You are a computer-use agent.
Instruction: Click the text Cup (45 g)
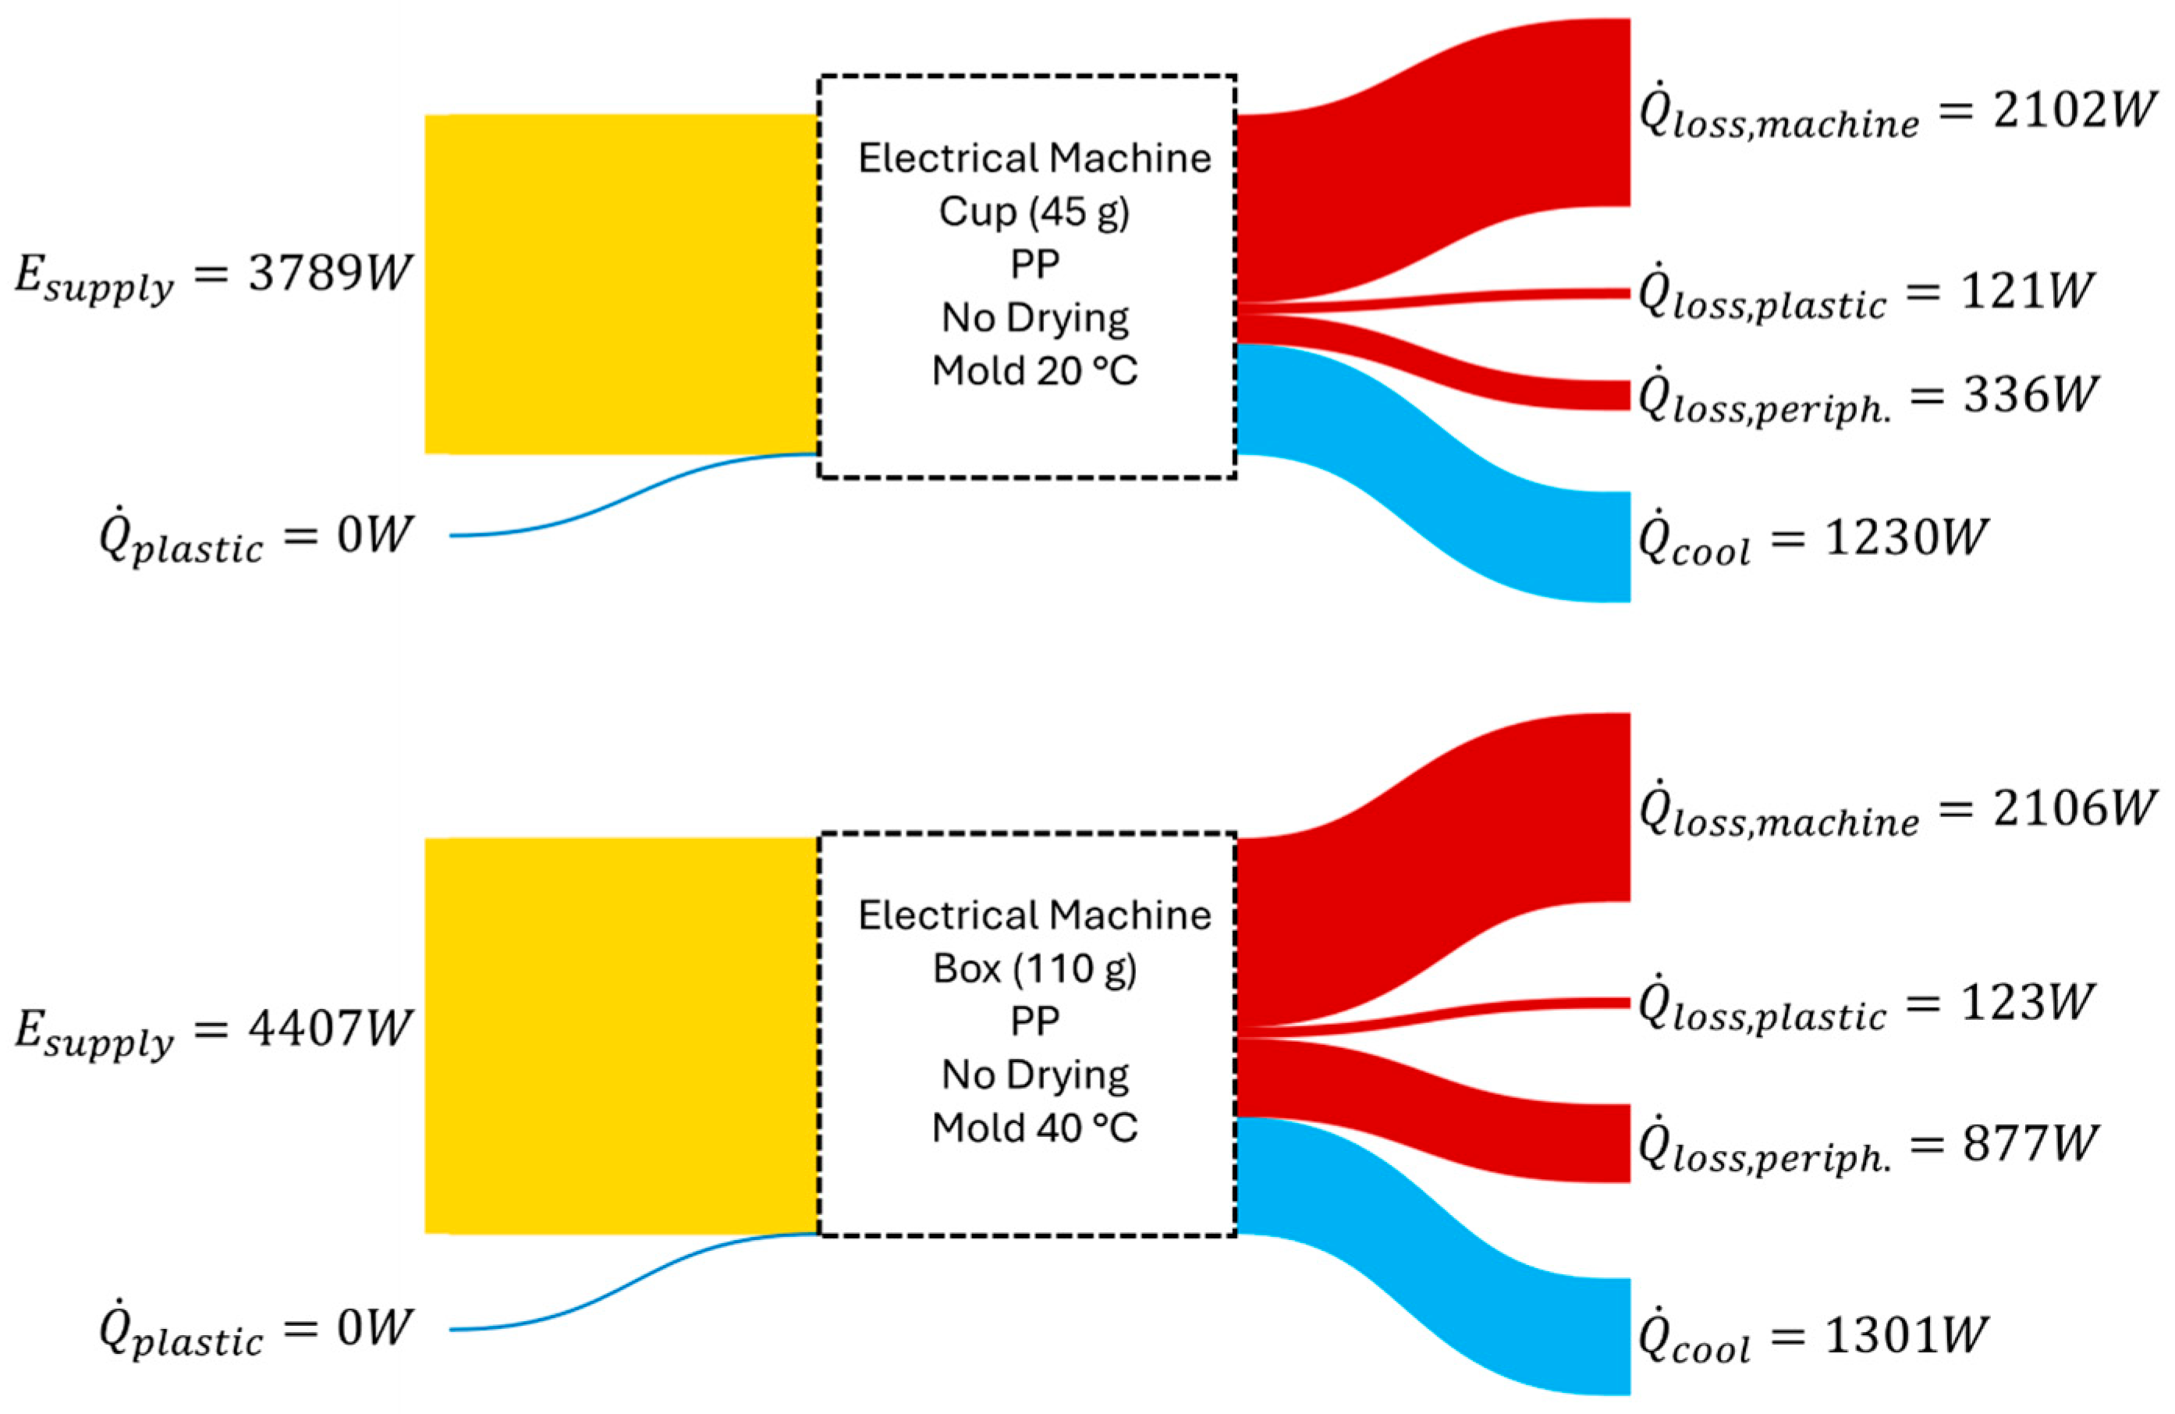[1034, 212]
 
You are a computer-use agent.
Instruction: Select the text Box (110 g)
[1034, 969]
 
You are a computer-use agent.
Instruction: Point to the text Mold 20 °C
[1034, 371]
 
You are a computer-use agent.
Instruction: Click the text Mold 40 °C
[1034, 1128]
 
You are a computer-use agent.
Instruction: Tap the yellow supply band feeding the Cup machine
[622, 283]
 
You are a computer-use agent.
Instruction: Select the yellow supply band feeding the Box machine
[622, 1036]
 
